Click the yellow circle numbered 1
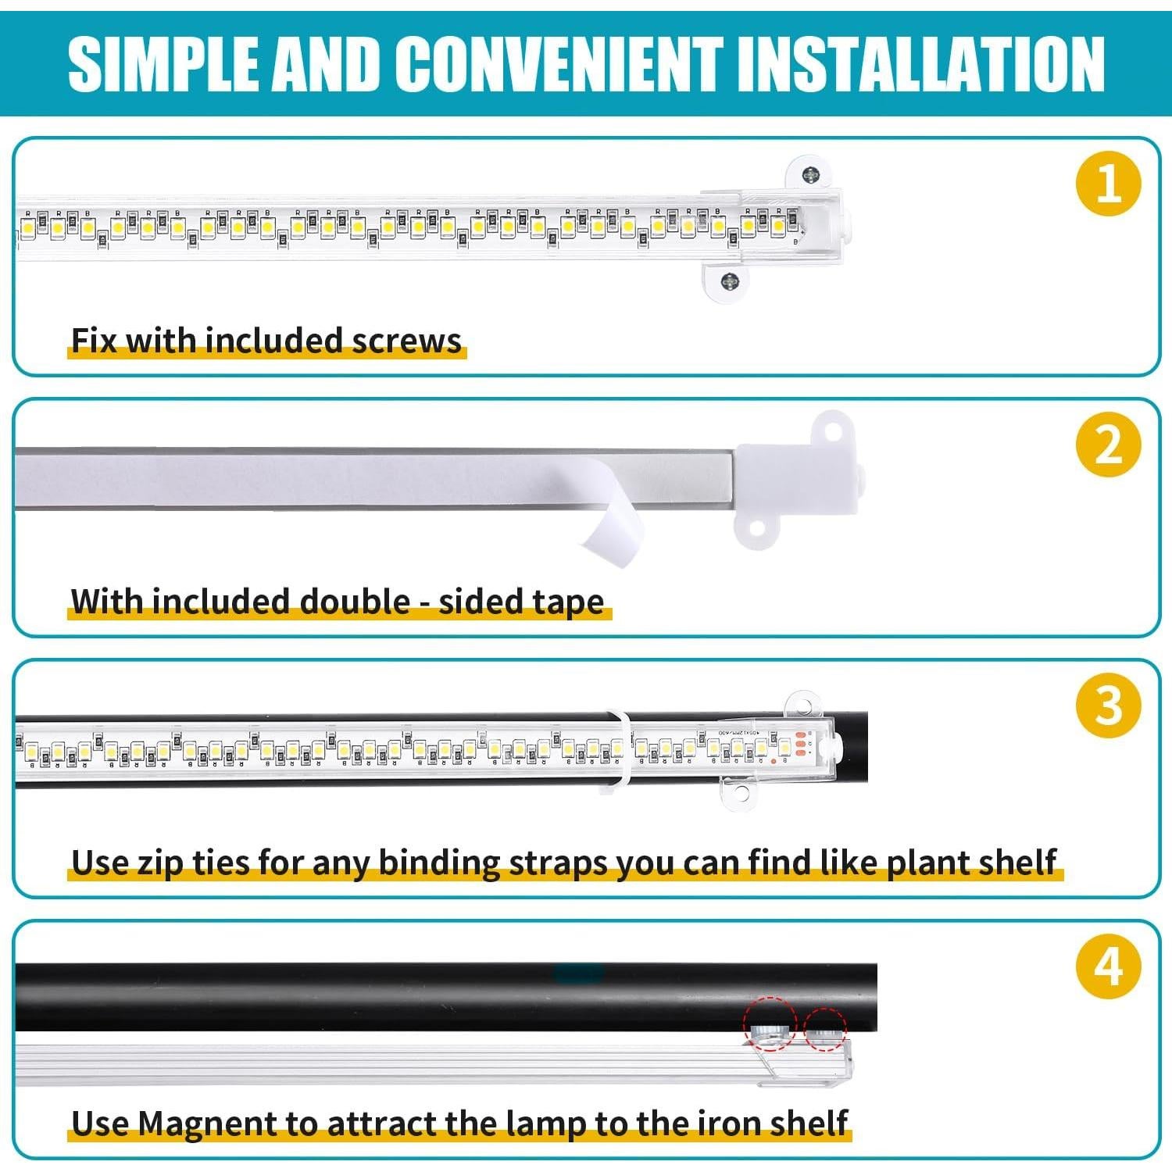1108,184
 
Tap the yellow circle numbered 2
1108,445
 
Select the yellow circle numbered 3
1108,706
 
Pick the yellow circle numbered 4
1108,967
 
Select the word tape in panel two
568,602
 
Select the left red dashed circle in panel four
769,1024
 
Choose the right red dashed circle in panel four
825,1029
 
